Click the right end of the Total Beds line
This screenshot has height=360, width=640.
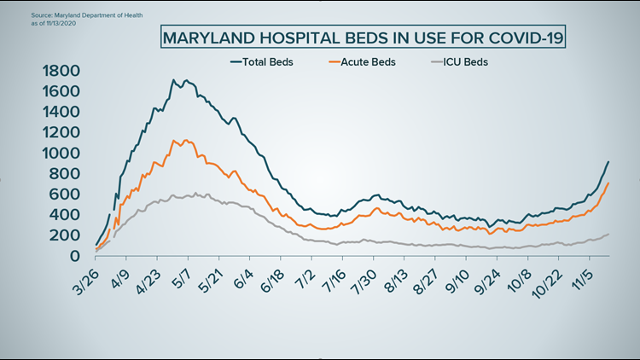tap(608, 162)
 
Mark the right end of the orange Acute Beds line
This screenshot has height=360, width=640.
tap(608, 183)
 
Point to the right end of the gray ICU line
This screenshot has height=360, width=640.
tap(608, 234)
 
